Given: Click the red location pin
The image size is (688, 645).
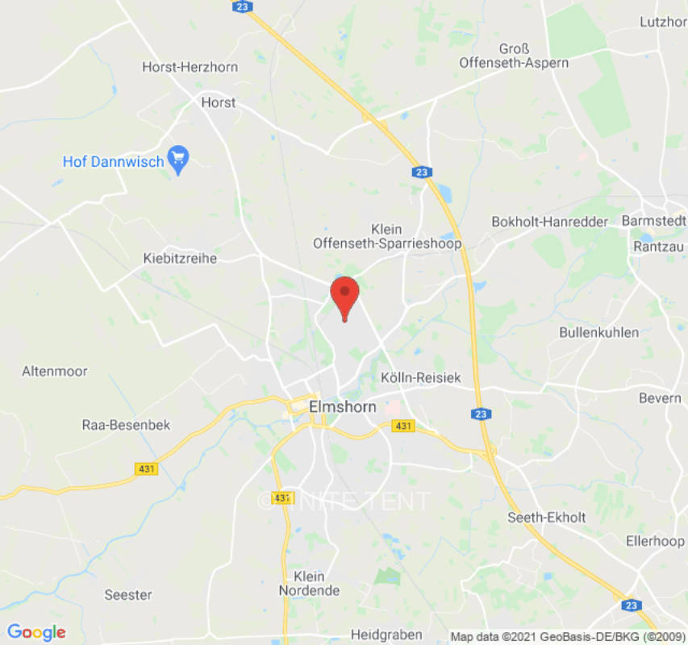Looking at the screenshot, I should point(344,296).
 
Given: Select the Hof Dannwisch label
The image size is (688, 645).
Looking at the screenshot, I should point(113,162).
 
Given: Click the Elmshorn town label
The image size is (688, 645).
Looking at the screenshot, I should point(342,407).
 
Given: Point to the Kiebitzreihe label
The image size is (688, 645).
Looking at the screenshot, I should point(180,259).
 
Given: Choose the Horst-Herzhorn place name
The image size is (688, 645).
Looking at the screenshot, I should point(190,67).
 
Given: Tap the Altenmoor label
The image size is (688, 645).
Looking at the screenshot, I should point(55,372).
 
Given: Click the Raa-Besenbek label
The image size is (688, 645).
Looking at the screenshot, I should point(127,425).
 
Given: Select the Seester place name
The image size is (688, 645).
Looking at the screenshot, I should point(128,595).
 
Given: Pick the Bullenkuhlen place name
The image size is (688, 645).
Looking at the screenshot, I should point(598,332).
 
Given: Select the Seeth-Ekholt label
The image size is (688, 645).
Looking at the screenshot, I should point(547,517).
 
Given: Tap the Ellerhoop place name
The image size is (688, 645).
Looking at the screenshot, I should point(655,541).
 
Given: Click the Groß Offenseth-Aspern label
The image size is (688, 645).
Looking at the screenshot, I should point(514,56).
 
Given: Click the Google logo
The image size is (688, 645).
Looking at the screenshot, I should point(35,632).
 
